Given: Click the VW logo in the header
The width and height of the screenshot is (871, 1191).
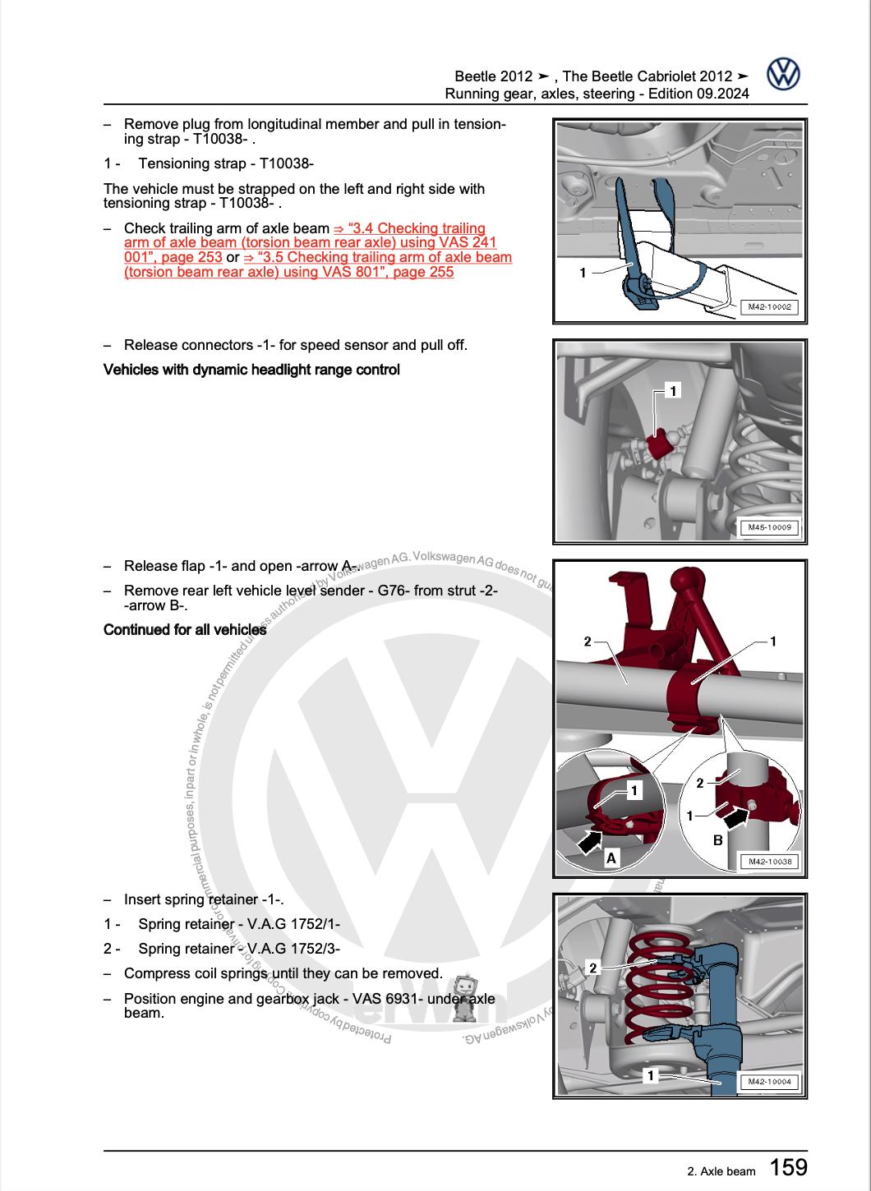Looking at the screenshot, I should coord(783,75).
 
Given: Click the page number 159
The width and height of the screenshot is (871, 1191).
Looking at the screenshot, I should coord(788,1166).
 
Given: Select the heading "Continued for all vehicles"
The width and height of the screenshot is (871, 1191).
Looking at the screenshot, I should coord(185,630).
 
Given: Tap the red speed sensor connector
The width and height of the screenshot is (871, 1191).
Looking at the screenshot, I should coord(659,445).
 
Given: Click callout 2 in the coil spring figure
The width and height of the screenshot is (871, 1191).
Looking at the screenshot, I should coord(593,968).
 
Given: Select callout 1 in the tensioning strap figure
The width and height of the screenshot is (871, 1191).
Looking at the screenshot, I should coord(583,273).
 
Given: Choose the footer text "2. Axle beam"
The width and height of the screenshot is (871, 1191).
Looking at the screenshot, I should coord(720,1171).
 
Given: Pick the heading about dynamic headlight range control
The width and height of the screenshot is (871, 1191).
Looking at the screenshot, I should coord(251,370).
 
